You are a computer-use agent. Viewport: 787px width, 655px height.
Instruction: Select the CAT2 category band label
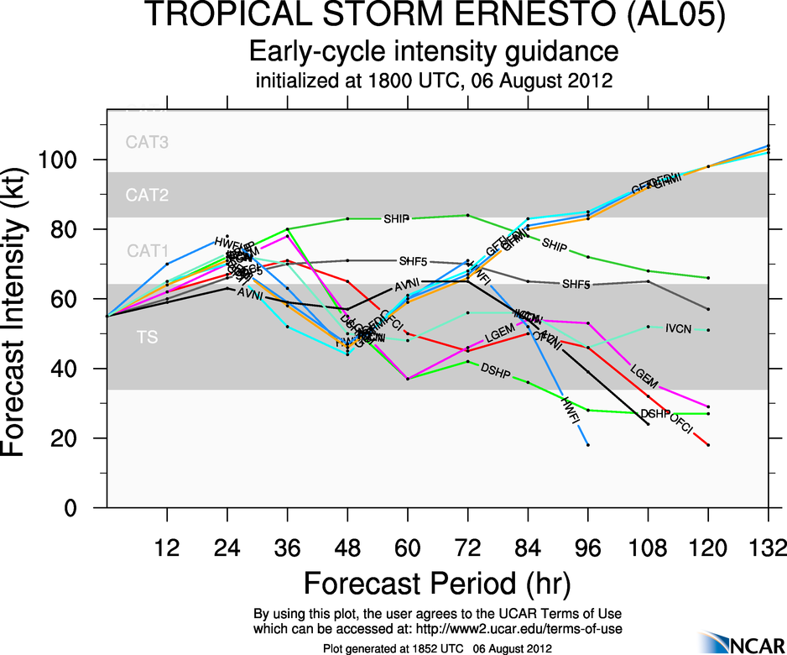click(x=148, y=196)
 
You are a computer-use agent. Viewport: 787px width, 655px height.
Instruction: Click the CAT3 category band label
click(x=148, y=143)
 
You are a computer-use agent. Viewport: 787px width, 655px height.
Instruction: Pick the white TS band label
click(x=147, y=338)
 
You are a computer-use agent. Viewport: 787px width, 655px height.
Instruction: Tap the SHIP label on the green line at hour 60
click(x=396, y=218)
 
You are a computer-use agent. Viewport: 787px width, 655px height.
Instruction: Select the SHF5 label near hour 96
click(x=577, y=285)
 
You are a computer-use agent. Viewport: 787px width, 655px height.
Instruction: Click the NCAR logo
click(x=737, y=642)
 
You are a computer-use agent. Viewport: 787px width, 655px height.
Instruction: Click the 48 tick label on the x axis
click(x=347, y=549)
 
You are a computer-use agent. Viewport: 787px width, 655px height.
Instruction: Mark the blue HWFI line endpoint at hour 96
click(x=588, y=445)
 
